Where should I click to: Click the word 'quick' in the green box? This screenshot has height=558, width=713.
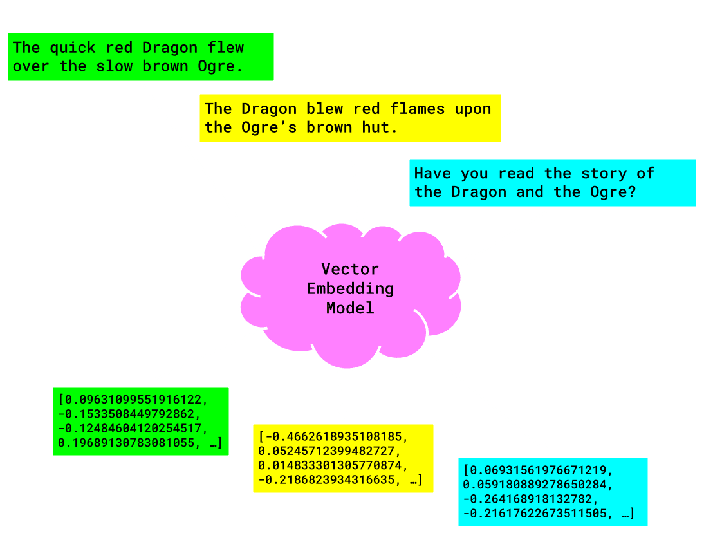click(x=73, y=48)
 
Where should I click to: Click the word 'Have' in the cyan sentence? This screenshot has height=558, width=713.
click(x=432, y=173)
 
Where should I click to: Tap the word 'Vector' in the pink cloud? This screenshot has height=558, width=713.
click(x=350, y=269)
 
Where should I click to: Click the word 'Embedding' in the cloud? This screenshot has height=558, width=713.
click(x=350, y=288)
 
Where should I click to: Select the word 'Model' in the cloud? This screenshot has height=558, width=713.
click(x=350, y=308)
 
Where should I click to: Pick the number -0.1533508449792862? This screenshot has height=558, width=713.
click(x=128, y=413)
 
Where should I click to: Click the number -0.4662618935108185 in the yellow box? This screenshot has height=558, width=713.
click(x=333, y=437)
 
